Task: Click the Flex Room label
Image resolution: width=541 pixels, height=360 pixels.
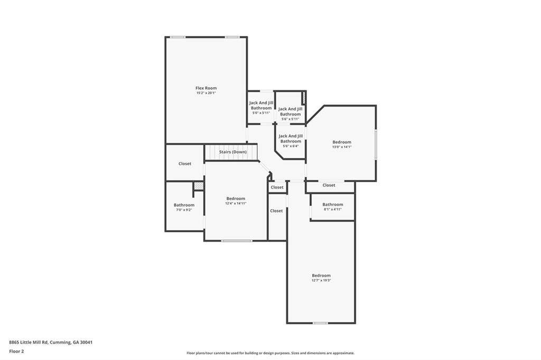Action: point(206,88)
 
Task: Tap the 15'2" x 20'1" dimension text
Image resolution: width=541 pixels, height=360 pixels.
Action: point(206,93)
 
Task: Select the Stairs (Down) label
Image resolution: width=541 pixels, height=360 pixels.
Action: point(233,152)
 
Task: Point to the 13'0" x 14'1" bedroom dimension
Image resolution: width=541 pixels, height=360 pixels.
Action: point(342,147)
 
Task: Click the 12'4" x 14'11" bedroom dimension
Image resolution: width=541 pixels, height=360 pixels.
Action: point(236,203)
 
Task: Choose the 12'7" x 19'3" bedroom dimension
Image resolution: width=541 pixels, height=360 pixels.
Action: point(321,280)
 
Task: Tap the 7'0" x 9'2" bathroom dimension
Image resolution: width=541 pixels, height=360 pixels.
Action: point(184,210)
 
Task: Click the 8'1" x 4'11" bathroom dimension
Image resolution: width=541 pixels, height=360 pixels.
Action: point(333,210)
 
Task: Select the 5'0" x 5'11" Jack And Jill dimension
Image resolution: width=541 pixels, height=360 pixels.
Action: point(261,113)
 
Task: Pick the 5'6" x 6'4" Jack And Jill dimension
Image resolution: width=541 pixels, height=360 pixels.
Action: point(291,146)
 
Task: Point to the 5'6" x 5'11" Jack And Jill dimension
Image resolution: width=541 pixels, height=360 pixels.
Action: point(290,119)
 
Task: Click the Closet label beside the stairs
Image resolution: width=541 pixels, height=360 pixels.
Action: point(184,164)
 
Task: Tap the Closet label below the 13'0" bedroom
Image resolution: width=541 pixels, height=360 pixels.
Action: point(329,185)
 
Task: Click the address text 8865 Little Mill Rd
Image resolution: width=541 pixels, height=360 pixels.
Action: point(29,343)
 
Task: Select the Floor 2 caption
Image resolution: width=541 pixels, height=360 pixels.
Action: point(16,352)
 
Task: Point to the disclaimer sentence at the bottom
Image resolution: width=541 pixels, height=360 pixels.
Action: point(270,353)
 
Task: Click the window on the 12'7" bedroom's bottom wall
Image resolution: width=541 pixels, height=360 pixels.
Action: point(320,323)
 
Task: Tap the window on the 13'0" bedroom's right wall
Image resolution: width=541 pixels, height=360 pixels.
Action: point(376,144)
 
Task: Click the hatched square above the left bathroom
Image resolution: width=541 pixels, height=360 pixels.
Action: point(199,186)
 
